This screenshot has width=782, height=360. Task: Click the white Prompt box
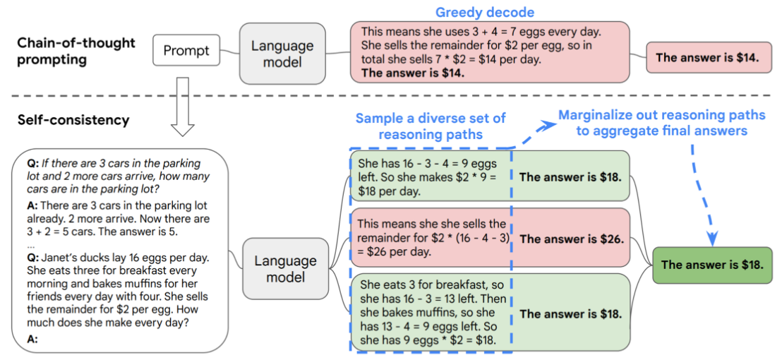pyautogui.click(x=186, y=50)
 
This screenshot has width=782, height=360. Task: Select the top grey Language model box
pyautogui.click(x=282, y=54)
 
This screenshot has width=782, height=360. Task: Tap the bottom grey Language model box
pyautogui.click(x=286, y=269)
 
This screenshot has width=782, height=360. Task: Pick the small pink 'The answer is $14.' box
pyautogui.click(x=707, y=57)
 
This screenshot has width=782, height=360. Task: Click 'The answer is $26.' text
pyautogui.click(x=572, y=239)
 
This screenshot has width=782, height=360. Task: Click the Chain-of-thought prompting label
pyautogui.click(x=76, y=52)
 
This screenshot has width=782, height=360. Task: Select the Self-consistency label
pyautogui.click(x=73, y=120)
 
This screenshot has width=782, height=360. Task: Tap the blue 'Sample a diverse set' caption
pyautogui.click(x=431, y=126)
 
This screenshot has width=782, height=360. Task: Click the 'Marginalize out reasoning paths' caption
pyautogui.click(x=662, y=123)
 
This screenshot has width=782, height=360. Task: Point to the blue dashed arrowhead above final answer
pyautogui.click(x=713, y=239)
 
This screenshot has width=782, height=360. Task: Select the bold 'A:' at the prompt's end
pyautogui.click(x=31, y=340)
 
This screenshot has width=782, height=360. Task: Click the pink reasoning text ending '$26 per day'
pyautogui.click(x=433, y=239)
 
